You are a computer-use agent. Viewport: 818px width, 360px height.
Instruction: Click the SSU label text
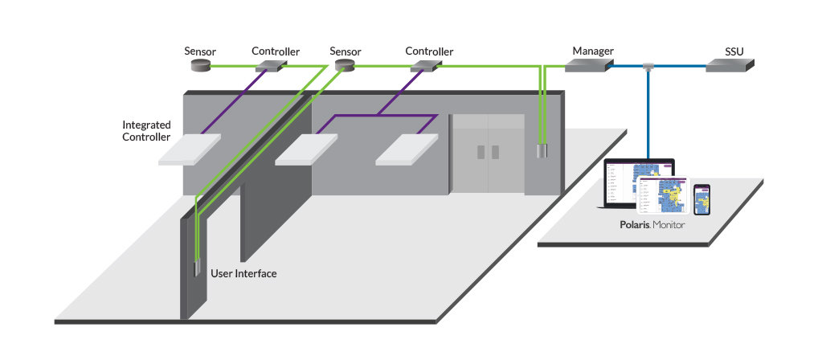tap(734, 51)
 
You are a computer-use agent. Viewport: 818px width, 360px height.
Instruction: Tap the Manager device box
tap(585, 66)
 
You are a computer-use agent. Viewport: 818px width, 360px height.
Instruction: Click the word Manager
tap(593, 51)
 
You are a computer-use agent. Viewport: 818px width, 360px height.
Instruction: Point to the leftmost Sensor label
tap(200, 51)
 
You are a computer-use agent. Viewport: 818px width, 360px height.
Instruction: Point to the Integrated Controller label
tap(146, 131)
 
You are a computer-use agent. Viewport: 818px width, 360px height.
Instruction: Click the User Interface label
tap(243, 274)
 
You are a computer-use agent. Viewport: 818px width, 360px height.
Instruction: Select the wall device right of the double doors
tap(542, 150)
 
